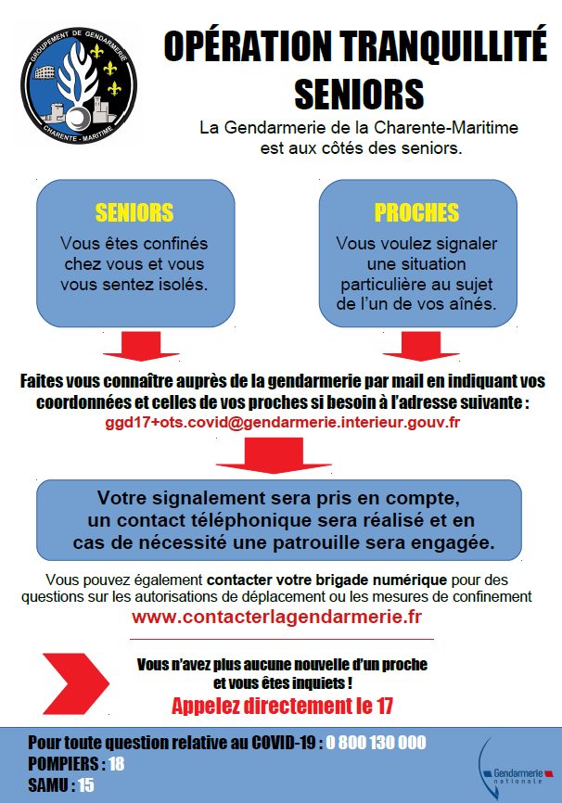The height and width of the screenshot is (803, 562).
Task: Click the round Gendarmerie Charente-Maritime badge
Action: [79, 85]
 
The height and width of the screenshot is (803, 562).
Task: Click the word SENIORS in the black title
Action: [359, 94]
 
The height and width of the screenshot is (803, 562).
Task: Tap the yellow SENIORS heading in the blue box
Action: [134, 212]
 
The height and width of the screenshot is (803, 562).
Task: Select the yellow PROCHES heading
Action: [416, 212]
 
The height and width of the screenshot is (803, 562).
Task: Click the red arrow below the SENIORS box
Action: [141, 346]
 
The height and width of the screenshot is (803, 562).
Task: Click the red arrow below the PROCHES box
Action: [421, 346]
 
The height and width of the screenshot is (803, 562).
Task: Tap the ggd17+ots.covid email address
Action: [282, 423]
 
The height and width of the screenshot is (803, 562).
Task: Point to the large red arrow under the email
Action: [274, 455]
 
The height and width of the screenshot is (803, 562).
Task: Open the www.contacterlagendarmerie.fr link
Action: [276, 617]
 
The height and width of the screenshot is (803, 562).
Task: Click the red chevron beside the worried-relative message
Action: [76, 683]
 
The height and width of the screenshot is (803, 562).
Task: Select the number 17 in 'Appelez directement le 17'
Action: [384, 707]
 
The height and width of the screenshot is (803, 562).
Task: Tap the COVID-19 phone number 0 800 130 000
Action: [376, 743]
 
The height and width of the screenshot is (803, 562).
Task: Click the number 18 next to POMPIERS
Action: [116, 764]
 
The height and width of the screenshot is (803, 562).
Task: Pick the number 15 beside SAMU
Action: [86, 785]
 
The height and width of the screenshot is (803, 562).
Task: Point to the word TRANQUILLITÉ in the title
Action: [443, 46]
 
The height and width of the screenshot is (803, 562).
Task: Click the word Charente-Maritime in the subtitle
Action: [446, 128]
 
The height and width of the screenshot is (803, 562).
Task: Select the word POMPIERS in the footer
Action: [64, 764]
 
